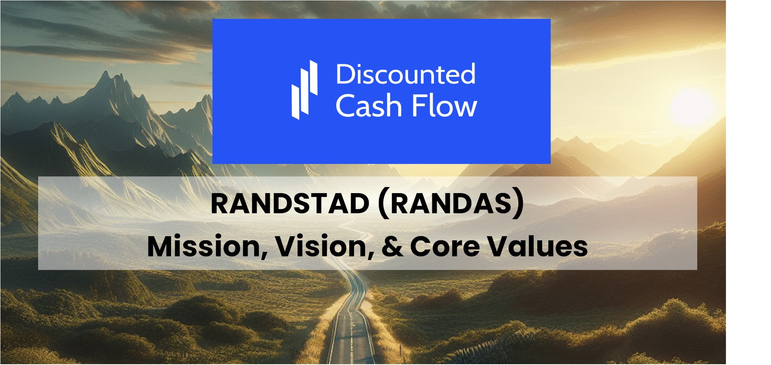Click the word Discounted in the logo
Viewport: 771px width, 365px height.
406,74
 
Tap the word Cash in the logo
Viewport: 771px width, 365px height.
368,106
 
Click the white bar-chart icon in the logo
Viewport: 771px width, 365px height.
304,90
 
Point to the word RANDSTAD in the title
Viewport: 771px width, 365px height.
290,204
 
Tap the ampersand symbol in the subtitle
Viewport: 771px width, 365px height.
392,246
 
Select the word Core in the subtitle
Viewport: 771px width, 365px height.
444,246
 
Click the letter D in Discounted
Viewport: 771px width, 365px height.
343,74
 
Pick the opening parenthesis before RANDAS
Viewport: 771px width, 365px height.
383,204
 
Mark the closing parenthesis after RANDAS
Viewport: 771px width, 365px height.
519,204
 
